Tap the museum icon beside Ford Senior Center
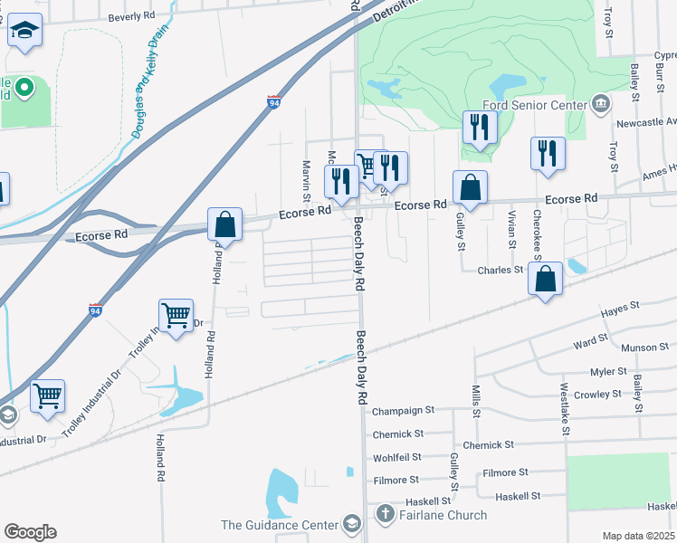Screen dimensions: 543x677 coord(600,103)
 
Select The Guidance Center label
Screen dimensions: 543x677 coord(278,525)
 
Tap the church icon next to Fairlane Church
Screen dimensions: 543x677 coord(384,516)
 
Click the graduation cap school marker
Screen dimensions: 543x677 coord(25,33)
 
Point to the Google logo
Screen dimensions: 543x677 coord(30,532)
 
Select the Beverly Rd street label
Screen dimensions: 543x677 coord(132,17)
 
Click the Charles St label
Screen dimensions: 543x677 coord(501,270)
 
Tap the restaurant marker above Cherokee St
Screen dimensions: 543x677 coord(548,154)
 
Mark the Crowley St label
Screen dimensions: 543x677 coord(597,395)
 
